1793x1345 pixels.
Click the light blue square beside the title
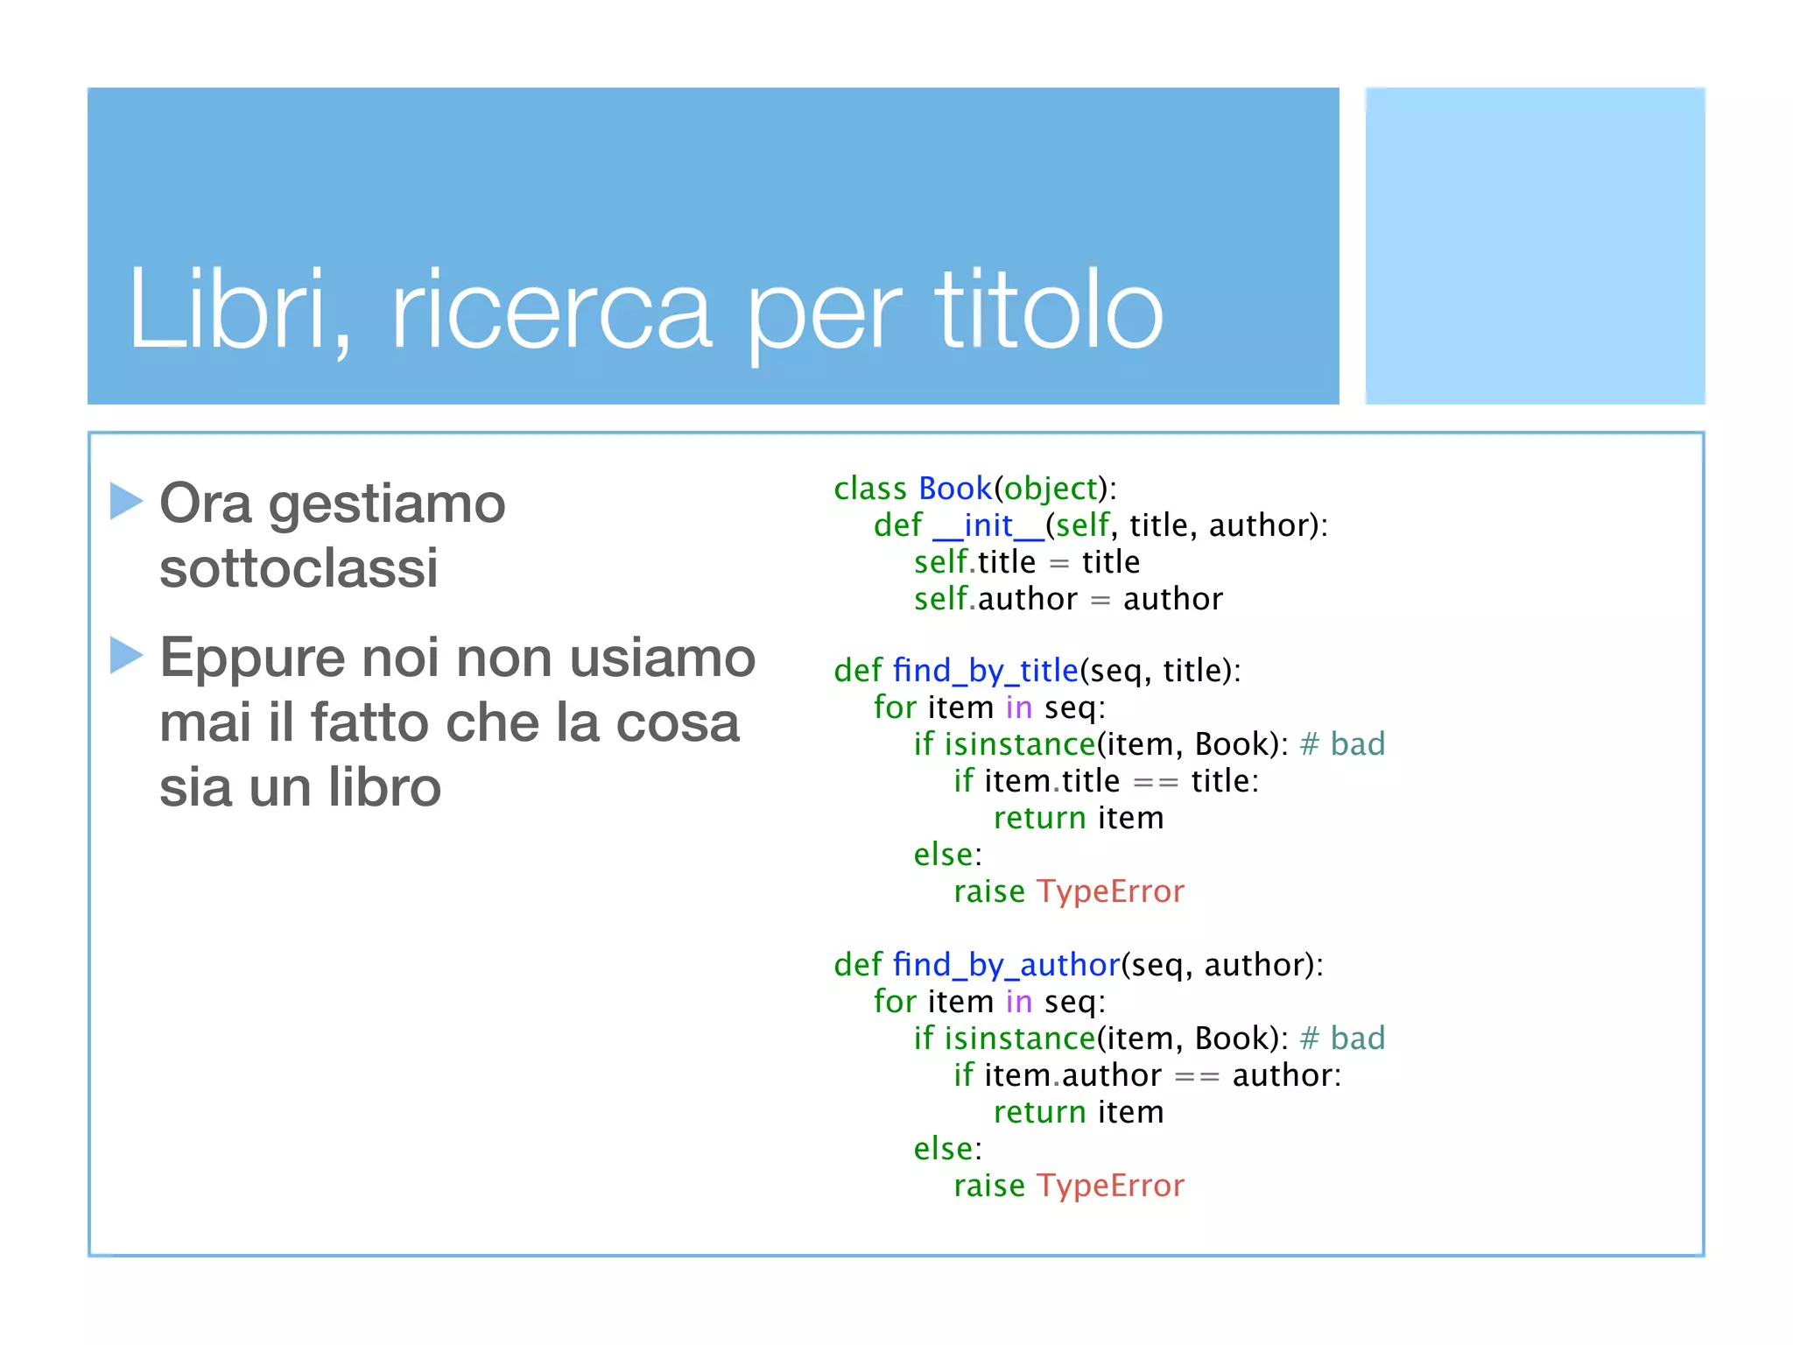pos(1535,246)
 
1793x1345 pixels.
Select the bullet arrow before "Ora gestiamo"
pos(127,501)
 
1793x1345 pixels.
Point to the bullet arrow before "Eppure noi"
pos(127,655)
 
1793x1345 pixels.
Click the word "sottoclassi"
pos(299,568)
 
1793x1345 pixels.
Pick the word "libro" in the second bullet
pos(384,787)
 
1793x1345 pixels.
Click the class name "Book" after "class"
pos(955,489)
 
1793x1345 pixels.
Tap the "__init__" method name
pos(988,525)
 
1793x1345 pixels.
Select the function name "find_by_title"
pos(986,671)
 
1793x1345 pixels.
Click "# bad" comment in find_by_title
pos(1342,744)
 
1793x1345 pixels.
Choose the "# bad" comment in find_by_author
pos(1342,1039)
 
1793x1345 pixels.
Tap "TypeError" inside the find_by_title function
pos(1110,891)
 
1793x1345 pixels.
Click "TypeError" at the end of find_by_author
pos(1110,1186)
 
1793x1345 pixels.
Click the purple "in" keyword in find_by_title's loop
pos(1019,708)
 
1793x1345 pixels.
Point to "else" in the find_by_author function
pos(944,1149)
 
